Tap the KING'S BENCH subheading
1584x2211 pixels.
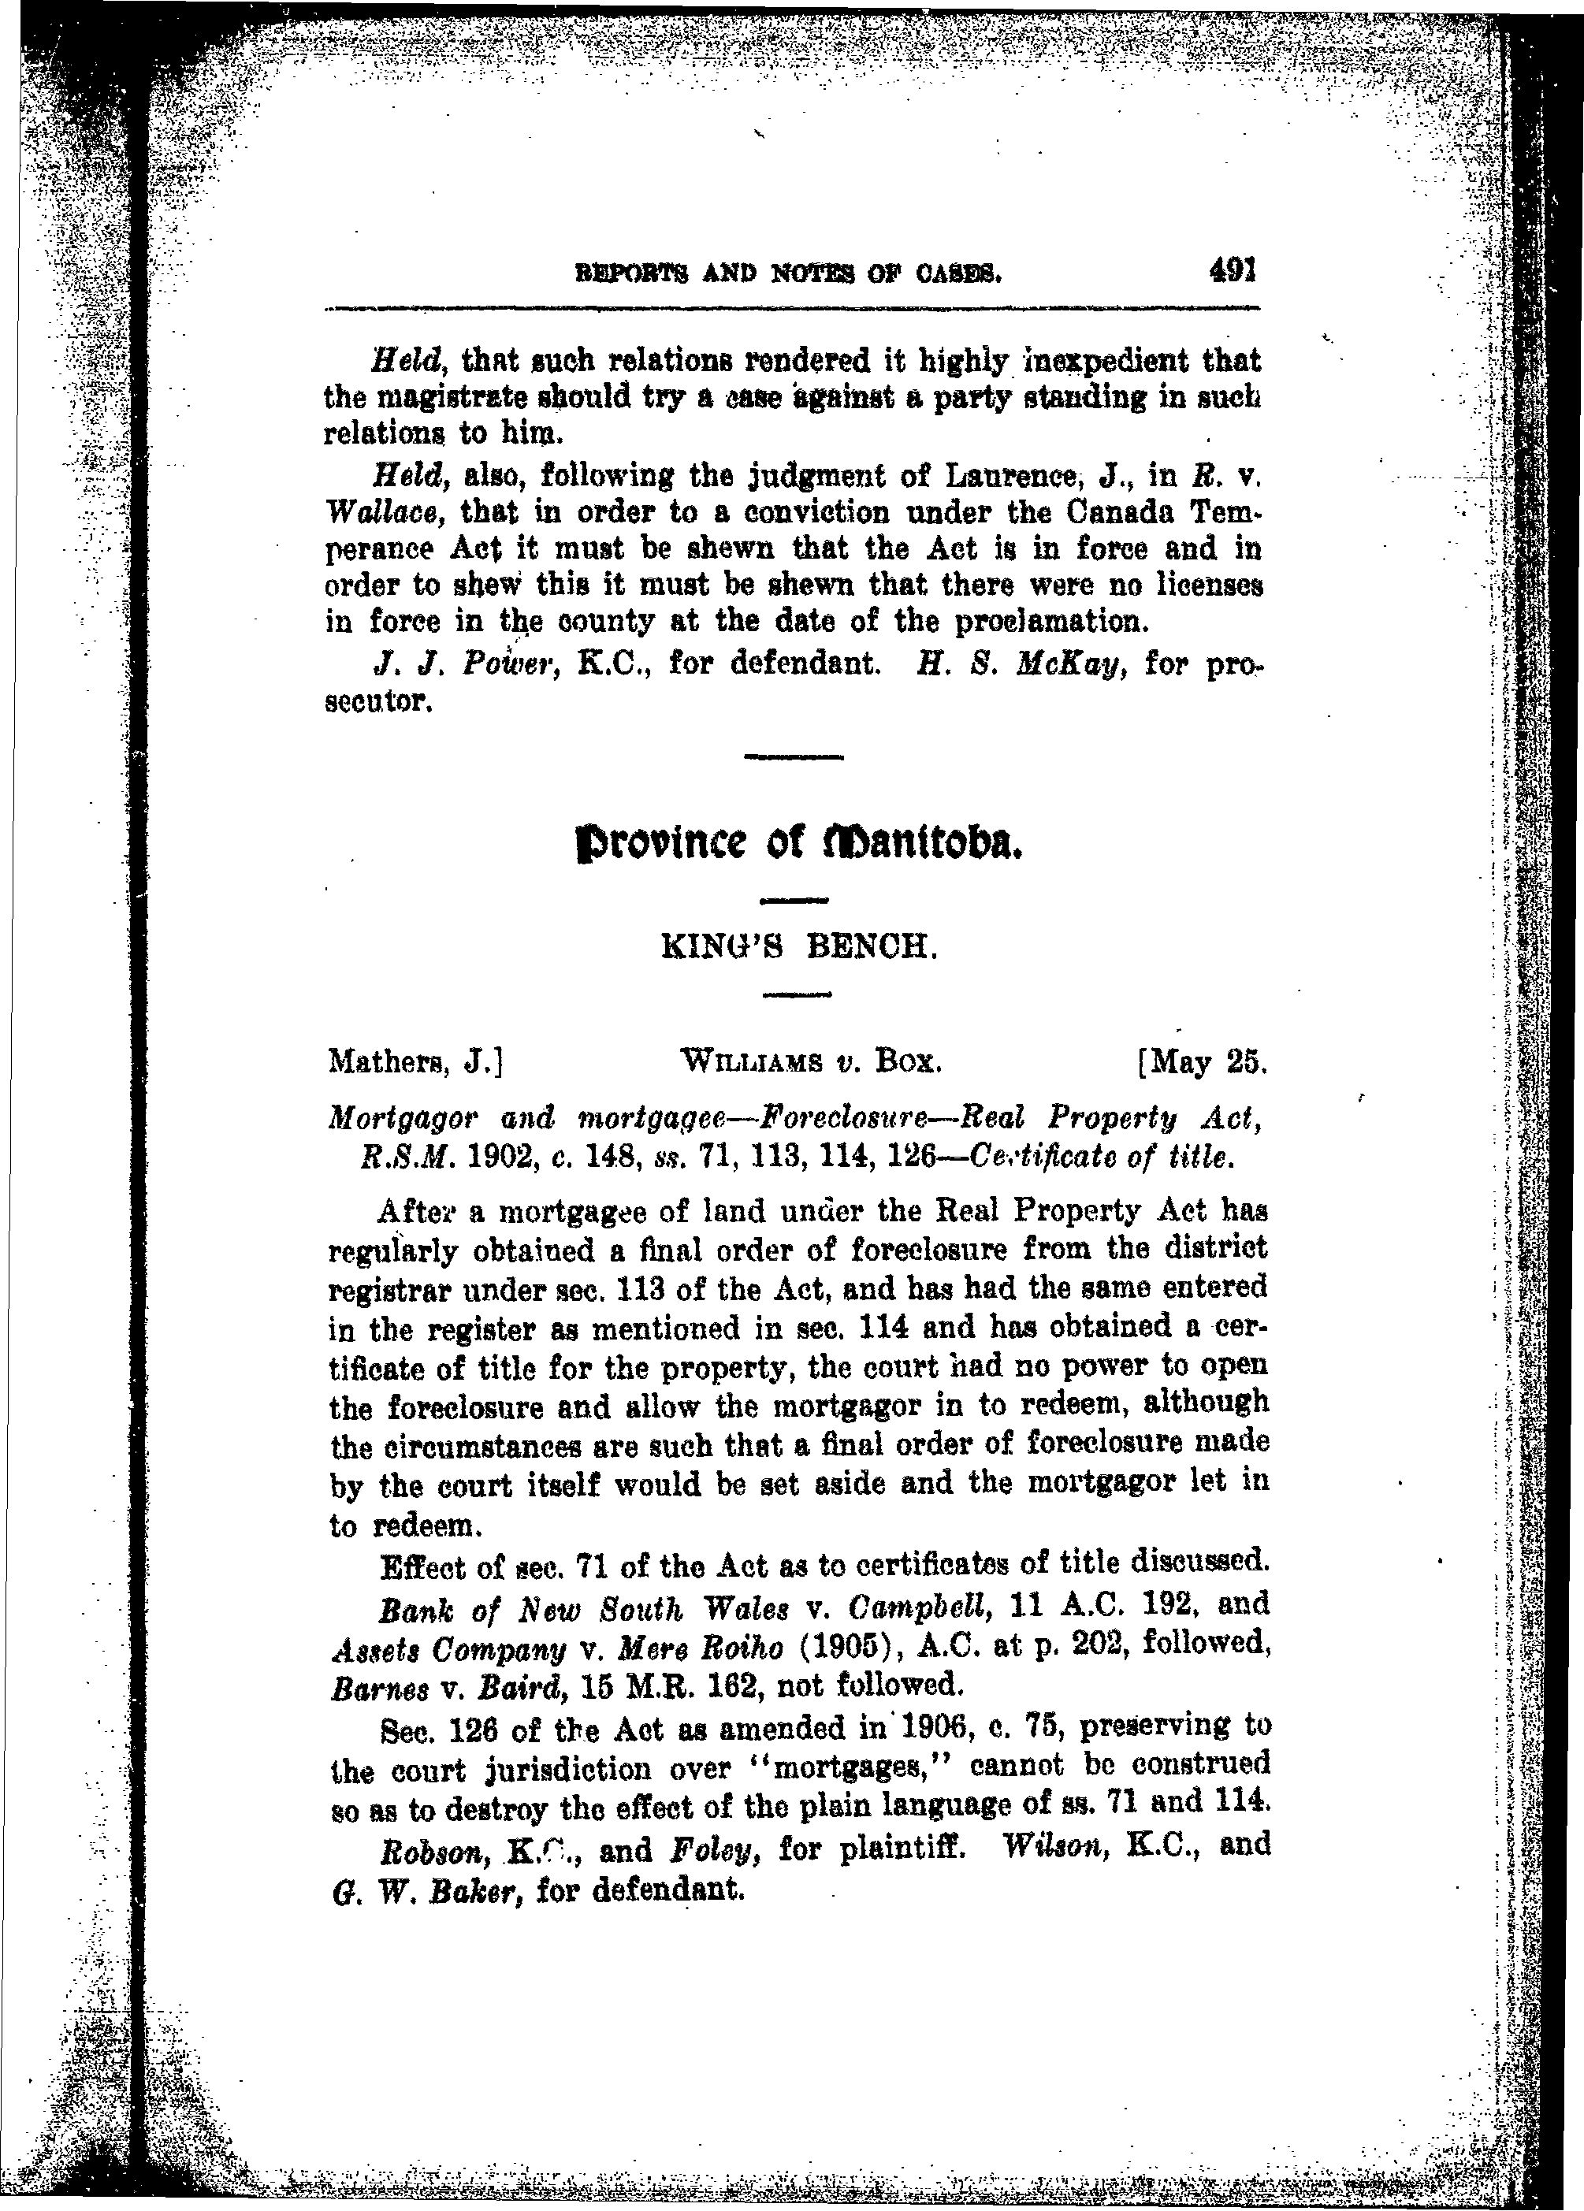(798, 946)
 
